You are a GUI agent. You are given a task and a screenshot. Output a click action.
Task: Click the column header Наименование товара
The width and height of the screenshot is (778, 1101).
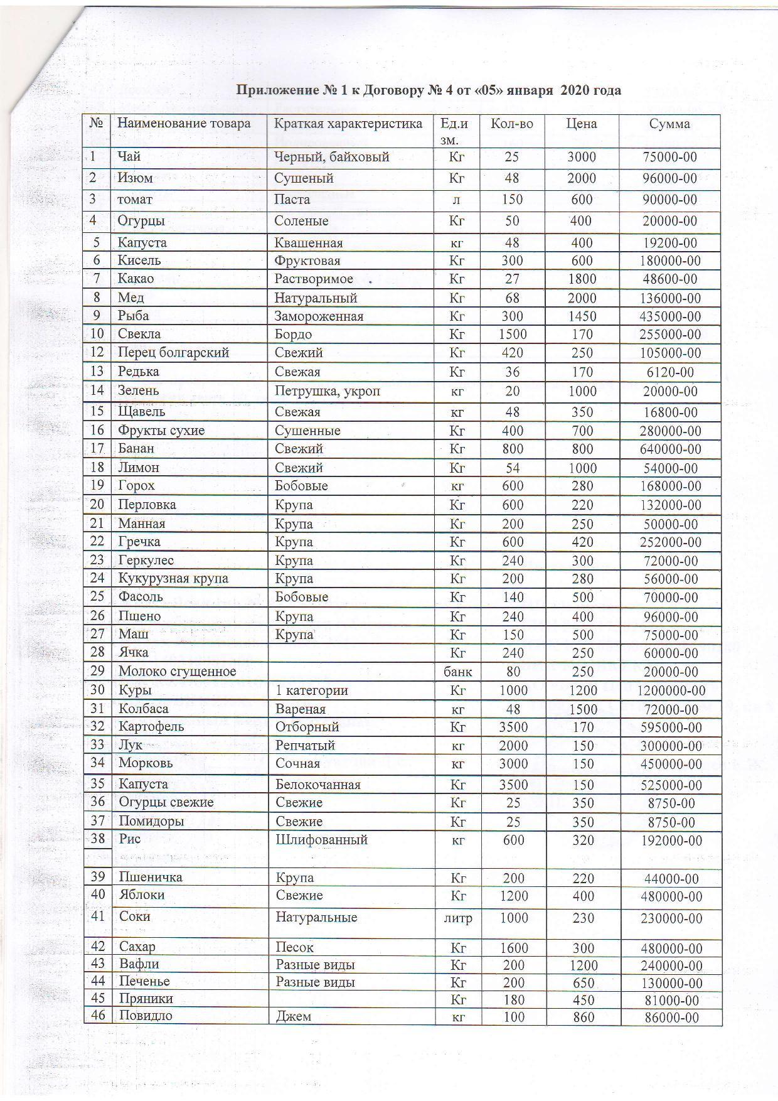(x=184, y=124)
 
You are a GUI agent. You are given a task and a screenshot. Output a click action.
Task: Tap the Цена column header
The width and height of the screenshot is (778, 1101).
(x=581, y=124)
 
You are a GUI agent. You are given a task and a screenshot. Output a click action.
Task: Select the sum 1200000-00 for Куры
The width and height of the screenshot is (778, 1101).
(x=671, y=691)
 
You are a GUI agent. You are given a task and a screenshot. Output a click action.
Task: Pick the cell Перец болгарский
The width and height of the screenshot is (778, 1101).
(x=173, y=353)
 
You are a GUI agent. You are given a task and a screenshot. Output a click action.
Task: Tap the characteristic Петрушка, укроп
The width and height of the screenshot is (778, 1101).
(x=328, y=392)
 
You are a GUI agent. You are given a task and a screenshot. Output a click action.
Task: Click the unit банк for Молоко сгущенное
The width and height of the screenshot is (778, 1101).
(x=458, y=672)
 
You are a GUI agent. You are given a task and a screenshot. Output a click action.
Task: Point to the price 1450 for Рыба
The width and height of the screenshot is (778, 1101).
(x=581, y=316)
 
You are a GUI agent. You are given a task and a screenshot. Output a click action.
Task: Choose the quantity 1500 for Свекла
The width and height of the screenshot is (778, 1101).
(x=513, y=335)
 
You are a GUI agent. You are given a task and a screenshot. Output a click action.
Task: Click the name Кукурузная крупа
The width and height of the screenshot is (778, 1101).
(x=173, y=579)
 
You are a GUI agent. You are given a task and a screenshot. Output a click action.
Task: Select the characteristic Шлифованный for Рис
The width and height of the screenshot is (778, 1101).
(x=321, y=840)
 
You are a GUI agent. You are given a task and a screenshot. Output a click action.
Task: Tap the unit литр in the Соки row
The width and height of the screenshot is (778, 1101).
(x=458, y=918)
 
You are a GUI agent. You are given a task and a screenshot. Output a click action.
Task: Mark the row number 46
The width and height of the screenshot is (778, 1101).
(x=98, y=1016)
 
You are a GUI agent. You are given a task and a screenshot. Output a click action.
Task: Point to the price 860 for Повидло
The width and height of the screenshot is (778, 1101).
(x=583, y=1017)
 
